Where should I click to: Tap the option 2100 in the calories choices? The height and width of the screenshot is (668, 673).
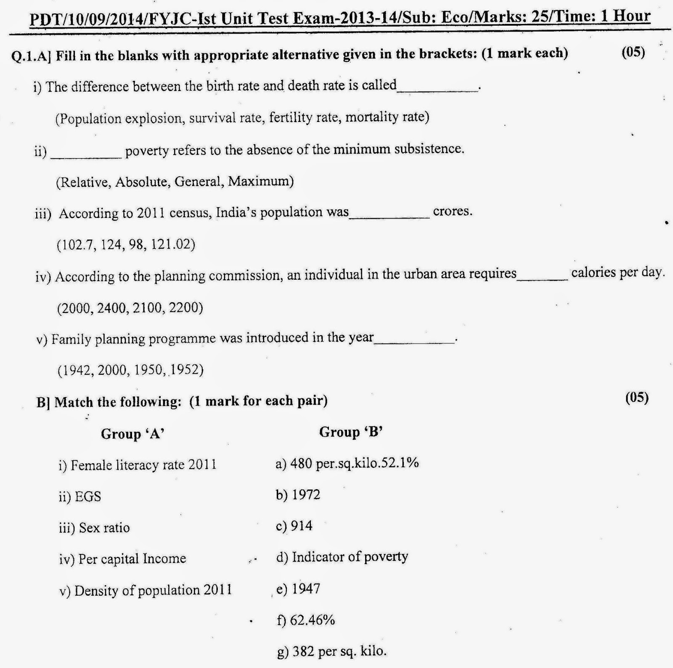[x=147, y=308]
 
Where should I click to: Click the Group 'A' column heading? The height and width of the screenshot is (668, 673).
[x=132, y=434]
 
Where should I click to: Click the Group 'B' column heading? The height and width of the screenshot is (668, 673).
[x=351, y=432]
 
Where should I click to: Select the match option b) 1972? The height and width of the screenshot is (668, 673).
[x=298, y=495]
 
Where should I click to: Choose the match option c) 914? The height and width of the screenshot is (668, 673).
[x=294, y=526]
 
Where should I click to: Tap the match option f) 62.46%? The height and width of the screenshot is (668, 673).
[x=306, y=620]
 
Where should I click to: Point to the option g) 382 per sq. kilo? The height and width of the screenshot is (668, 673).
[x=331, y=651]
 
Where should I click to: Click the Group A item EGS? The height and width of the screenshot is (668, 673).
[x=88, y=497]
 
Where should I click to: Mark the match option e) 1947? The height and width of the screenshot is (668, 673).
[x=298, y=588]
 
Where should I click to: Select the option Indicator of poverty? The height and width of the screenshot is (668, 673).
[x=350, y=557]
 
